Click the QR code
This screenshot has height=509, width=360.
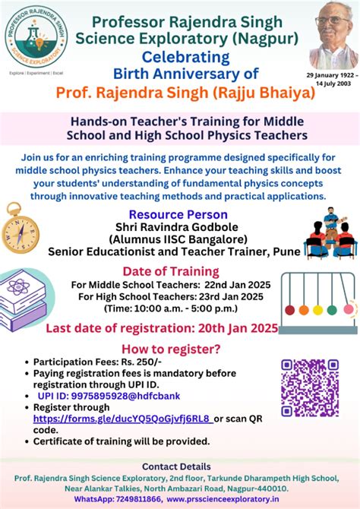coord(309,387)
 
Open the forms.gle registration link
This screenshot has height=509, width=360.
coord(122,418)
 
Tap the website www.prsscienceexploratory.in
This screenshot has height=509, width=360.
coord(235,499)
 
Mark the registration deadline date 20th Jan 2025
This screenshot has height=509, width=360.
coord(242,328)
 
